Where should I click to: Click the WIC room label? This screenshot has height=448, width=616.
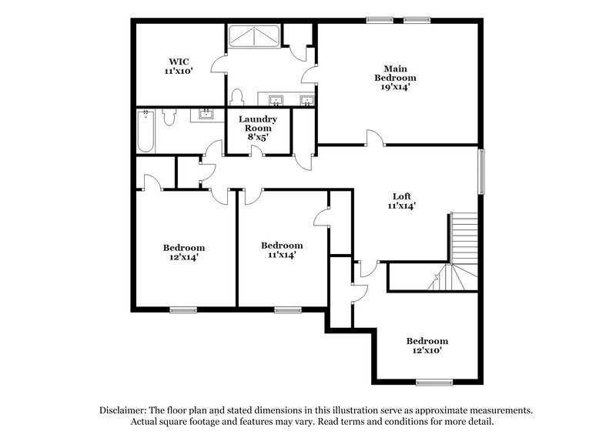coord(177,61)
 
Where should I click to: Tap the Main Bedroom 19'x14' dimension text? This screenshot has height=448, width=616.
coord(395,87)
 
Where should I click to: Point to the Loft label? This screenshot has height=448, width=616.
coord(401,196)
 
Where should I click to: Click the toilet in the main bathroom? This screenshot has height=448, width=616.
coord(237,96)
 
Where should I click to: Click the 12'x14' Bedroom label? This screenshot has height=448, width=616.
coord(183,248)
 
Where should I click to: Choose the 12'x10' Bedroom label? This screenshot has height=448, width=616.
coord(427,341)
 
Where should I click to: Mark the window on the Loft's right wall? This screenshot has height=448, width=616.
coord(483,172)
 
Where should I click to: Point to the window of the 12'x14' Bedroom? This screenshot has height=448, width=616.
coord(182,310)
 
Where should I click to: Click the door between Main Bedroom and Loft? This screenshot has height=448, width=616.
coord(375,139)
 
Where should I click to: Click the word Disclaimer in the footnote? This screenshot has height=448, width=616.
coord(123,410)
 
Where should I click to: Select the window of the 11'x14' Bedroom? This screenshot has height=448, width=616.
coord(287,310)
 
